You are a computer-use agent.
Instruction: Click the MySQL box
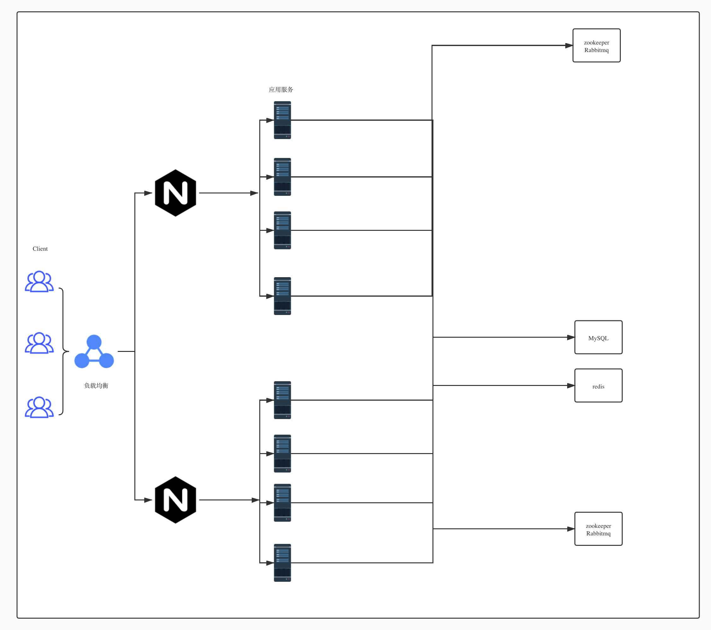(x=598, y=337)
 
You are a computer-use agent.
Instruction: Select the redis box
(x=598, y=386)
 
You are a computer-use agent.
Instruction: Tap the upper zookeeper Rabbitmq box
(x=596, y=45)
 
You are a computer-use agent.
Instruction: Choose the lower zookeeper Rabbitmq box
(x=598, y=529)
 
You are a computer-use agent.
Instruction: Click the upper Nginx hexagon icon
(x=176, y=193)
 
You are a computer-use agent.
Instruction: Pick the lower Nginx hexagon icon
(x=176, y=500)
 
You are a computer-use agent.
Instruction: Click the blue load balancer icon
(x=94, y=352)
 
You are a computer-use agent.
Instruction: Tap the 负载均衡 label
(x=96, y=386)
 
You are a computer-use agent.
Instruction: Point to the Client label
(x=40, y=248)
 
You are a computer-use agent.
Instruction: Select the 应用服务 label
(x=281, y=90)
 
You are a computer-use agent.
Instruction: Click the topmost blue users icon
(x=39, y=282)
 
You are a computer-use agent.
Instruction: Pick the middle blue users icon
(x=39, y=343)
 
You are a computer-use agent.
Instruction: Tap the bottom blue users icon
(x=39, y=407)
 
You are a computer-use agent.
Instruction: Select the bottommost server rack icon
(x=282, y=563)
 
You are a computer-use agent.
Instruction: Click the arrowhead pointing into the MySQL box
(x=571, y=337)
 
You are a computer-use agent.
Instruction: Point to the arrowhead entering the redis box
(x=571, y=386)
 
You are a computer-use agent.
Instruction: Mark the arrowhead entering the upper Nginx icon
(x=148, y=193)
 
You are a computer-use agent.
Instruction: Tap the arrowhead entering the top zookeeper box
(x=569, y=45)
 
